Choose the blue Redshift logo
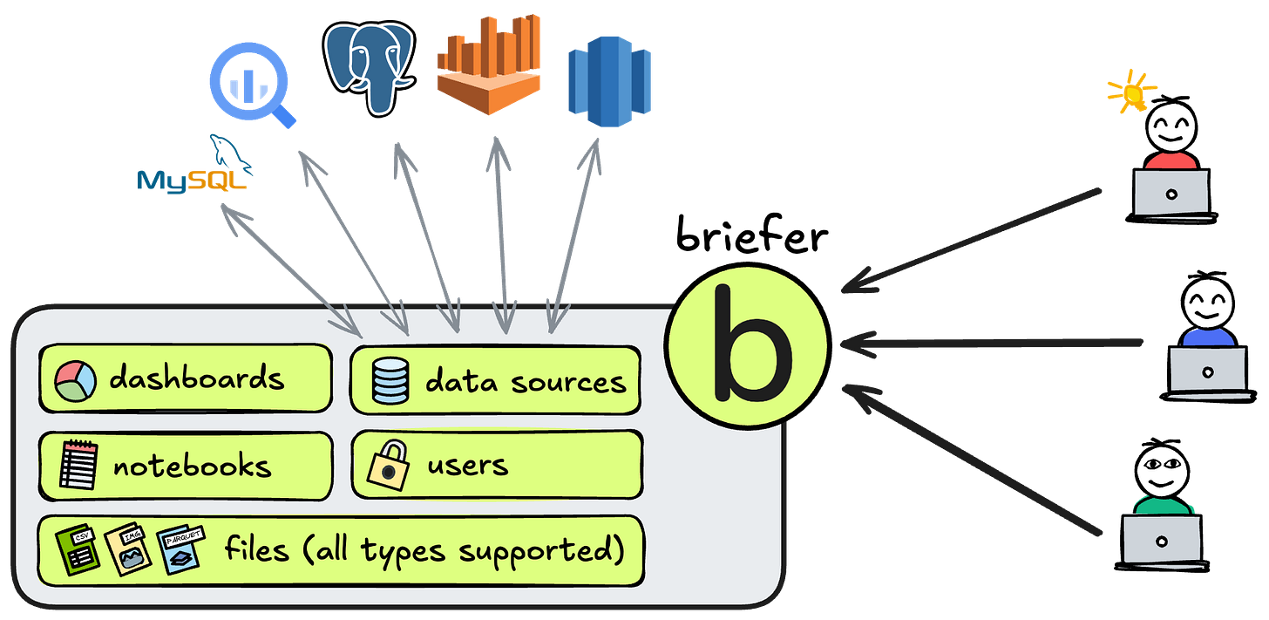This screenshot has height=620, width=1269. coord(609,80)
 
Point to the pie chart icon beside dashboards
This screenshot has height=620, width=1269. coord(76,380)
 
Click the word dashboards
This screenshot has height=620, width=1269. coord(197,378)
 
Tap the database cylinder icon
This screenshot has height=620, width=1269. coord(390,381)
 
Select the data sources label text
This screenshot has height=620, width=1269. coord(526,381)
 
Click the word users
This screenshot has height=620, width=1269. coord(467,464)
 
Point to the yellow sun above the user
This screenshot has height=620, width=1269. coord(1130,91)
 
